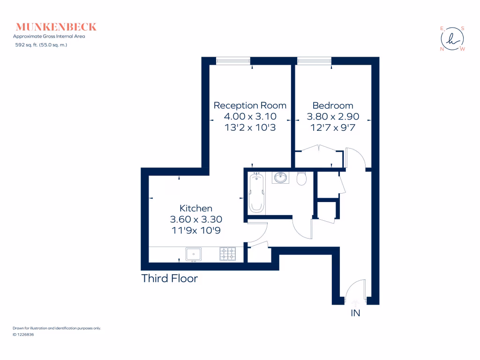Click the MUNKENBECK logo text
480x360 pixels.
coord(56,26)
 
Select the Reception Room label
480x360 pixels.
coord(250,105)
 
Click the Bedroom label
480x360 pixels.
coord(333,105)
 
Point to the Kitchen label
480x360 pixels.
coord(196,208)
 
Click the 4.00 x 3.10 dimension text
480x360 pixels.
coord(250,116)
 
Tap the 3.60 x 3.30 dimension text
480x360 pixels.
coord(196,219)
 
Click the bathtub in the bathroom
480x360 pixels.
coord(256,193)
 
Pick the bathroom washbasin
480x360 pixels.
coord(281,178)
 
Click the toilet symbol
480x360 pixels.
coord(302,178)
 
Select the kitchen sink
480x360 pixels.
coord(193,254)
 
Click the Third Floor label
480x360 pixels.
coord(170,278)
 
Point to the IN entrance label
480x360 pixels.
coord(355,313)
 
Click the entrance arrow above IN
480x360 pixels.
coord(355,302)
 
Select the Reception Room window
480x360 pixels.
coord(233,60)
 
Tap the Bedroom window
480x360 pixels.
coord(314,60)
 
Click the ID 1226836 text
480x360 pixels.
coord(24,335)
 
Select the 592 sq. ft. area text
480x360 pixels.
coord(41,45)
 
